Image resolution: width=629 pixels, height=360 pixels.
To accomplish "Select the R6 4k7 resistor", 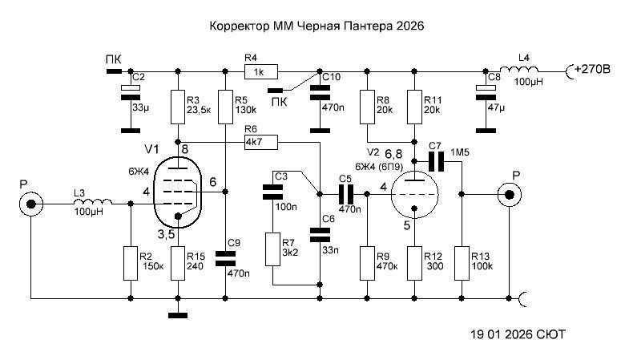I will (x=260, y=142).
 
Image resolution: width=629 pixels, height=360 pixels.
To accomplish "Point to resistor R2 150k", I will (x=131, y=263).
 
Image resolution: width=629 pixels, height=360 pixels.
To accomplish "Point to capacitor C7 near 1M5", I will (x=436, y=161).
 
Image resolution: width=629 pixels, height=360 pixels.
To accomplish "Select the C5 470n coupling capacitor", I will (x=346, y=193).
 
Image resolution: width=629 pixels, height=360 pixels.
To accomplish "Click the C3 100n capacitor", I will (x=273, y=192).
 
